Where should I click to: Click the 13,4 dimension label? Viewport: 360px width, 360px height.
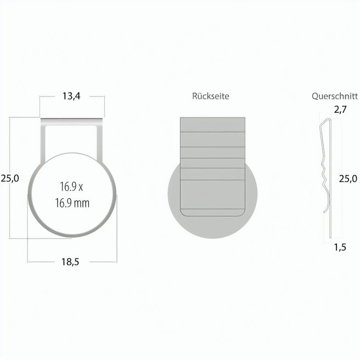tap(71, 97)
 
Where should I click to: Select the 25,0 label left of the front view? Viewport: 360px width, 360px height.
tap(10, 178)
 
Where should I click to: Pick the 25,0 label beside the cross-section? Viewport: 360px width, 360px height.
tap(347, 178)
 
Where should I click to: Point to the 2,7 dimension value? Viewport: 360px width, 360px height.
tap(340, 109)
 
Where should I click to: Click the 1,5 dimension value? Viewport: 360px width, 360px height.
tap(340, 247)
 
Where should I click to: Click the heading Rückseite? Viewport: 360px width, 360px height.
tap(211, 96)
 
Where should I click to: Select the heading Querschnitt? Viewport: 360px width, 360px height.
tap(335, 95)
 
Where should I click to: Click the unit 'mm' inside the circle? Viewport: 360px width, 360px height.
tap(82, 203)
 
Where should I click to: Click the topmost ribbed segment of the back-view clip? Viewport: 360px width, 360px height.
tap(213, 124)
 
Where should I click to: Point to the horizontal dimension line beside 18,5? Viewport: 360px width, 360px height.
tap(44, 262)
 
